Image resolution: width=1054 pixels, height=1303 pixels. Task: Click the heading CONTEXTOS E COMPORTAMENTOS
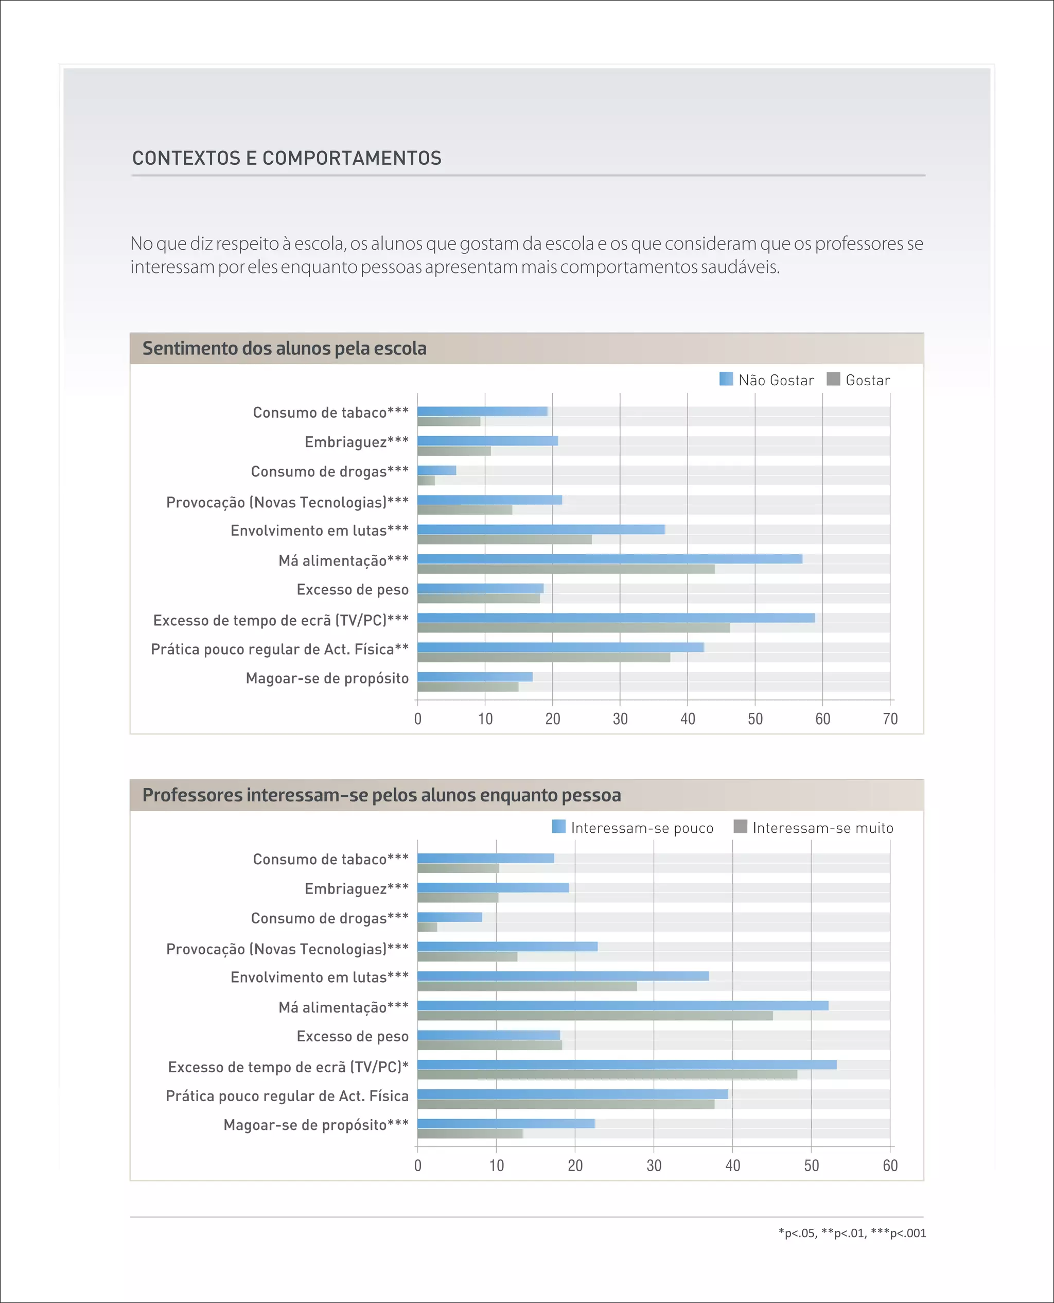pos(287,159)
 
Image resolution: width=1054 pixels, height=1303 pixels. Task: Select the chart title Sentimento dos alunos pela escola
pos(284,349)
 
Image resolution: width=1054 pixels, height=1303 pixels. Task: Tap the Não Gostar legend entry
pos(766,380)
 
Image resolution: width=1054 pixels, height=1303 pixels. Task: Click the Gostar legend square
pos(833,379)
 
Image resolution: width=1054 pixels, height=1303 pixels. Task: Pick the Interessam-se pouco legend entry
pos(633,828)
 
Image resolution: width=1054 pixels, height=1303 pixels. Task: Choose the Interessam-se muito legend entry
pos(814,828)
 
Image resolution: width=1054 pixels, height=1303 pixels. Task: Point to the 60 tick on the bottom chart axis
pos(889,1165)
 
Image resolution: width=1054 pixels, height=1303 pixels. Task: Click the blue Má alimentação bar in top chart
pos(609,559)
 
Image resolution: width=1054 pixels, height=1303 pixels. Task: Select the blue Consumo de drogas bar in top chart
pos(436,470)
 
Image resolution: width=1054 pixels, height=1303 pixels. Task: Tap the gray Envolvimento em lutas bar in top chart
pos(504,539)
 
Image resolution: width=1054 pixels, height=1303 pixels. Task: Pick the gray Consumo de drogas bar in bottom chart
pos(427,927)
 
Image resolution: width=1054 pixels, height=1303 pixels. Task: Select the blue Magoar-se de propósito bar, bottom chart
pos(506,1124)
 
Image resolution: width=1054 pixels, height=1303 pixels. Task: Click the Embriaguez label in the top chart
pos(356,442)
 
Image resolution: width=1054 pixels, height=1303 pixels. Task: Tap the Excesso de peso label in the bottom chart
pos(352,1036)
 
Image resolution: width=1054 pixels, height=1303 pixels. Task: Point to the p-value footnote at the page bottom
pos(852,1233)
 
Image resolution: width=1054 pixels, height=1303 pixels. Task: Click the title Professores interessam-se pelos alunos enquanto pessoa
pos(381,795)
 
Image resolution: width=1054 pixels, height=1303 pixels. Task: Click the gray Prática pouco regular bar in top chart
pos(543,657)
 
